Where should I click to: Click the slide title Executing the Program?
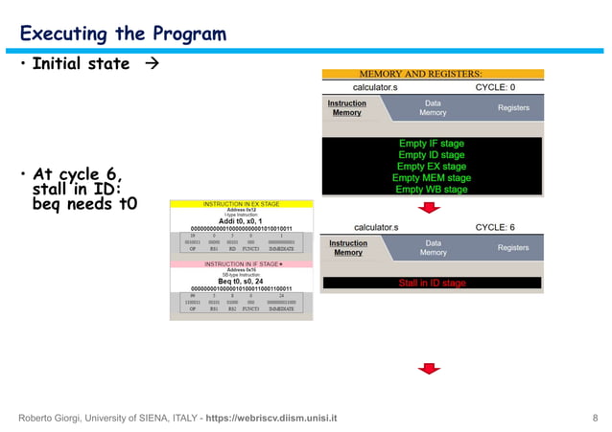point(123,34)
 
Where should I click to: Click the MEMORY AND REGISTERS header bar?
point(433,73)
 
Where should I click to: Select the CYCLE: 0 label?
point(502,87)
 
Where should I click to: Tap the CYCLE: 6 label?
point(502,227)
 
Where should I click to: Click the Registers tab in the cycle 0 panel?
point(513,107)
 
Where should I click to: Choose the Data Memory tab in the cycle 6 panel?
point(433,247)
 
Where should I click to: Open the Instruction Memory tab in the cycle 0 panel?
point(347,107)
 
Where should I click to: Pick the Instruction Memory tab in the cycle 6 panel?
point(347,247)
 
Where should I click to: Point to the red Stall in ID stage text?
point(432,284)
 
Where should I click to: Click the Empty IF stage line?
point(432,144)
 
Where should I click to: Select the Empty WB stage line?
point(432,189)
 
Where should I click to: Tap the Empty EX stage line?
point(432,167)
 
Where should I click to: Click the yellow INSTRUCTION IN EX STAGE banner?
point(242,204)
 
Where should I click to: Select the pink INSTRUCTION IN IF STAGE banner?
point(242,263)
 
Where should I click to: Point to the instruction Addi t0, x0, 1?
point(243,220)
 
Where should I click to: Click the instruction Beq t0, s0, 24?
point(243,281)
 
